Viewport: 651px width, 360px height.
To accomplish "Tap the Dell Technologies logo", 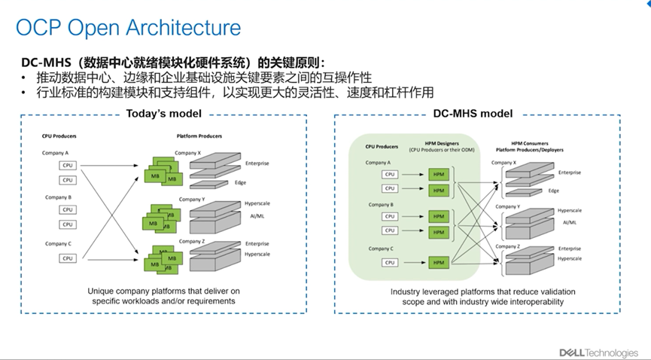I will point(598,352).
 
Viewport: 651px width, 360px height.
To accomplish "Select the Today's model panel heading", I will point(163,114).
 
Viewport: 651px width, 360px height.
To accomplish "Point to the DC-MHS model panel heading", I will point(473,114).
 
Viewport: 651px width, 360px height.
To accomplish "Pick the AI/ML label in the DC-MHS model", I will point(569,223).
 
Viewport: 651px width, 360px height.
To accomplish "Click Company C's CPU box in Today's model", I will point(68,258).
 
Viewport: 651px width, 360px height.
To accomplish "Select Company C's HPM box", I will point(438,262).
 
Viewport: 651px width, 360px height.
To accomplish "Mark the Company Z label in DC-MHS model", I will point(507,246).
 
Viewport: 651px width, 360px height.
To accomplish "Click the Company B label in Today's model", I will point(59,199).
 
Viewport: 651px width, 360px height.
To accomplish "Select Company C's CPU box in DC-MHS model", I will point(390,262).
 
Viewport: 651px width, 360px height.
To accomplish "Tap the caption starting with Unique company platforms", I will point(163,295).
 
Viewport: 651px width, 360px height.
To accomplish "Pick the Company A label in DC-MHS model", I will point(378,163).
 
